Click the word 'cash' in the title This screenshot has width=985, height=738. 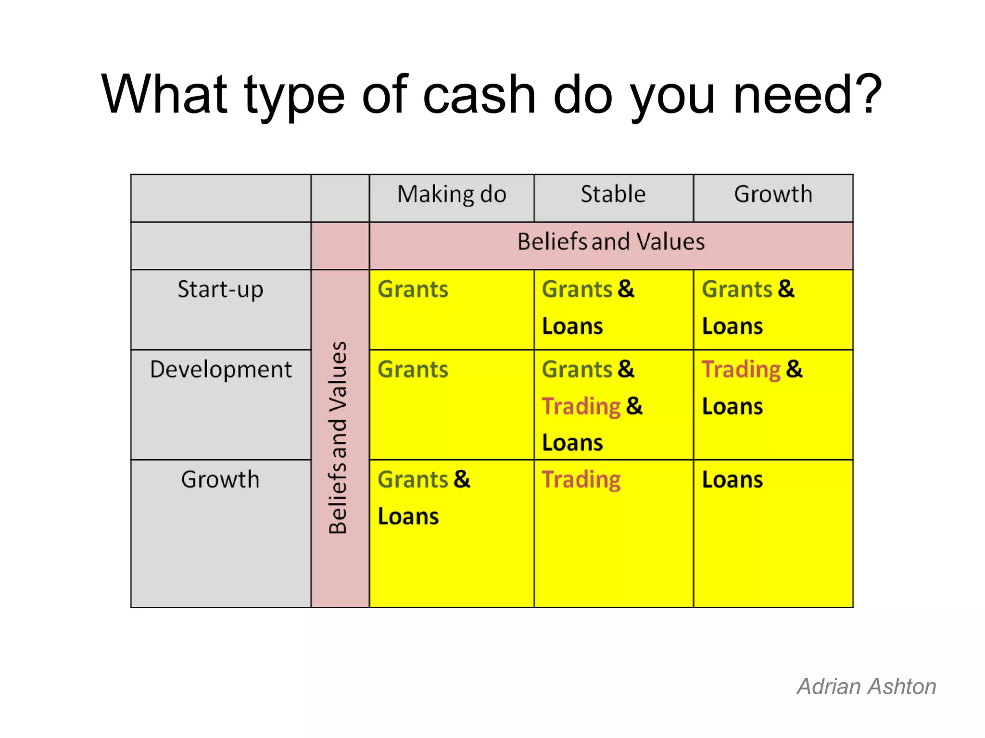click(479, 95)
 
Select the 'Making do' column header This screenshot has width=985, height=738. click(452, 195)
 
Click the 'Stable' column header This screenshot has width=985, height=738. click(613, 195)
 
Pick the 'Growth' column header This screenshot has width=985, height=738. click(773, 195)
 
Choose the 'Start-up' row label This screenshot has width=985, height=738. click(220, 290)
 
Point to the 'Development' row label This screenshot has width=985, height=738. click(221, 370)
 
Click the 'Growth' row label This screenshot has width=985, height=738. click(220, 480)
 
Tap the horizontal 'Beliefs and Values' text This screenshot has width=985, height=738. click(611, 242)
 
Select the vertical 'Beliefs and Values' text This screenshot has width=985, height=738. click(338, 438)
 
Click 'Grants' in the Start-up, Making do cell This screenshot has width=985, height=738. click(413, 290)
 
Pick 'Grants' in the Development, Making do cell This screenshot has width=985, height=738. click(413, 370)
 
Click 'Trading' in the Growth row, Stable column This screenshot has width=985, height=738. click(581, 480)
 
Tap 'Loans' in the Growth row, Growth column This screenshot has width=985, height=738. click(732, 480)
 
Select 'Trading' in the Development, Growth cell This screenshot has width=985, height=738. click(741, 370)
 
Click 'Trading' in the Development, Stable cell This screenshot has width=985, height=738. click(581, 407)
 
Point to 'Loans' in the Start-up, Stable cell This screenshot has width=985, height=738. click(572, 327)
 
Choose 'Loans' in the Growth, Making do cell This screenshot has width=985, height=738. click(408, 517)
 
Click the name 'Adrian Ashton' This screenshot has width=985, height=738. click(866, 687)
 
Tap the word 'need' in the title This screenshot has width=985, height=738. click(793, 95)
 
